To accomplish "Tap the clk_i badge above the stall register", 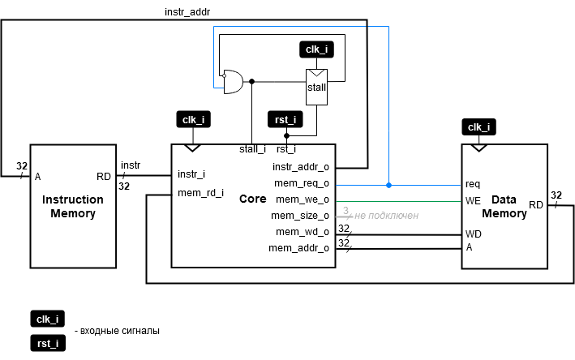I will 316,49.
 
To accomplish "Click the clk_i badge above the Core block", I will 193,119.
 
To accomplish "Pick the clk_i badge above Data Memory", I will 479,126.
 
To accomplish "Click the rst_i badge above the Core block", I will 285,119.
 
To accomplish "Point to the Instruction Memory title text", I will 73,207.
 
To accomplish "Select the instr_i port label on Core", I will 192,174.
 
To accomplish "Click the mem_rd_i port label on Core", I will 200,192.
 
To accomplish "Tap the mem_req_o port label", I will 301,183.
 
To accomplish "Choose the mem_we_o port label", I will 303,199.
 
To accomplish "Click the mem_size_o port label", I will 301,216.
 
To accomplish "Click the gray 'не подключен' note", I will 385,216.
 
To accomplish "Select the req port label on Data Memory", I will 473,183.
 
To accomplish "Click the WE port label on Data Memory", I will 474,200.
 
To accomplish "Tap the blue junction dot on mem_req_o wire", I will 388,185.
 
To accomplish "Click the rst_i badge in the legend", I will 47,343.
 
